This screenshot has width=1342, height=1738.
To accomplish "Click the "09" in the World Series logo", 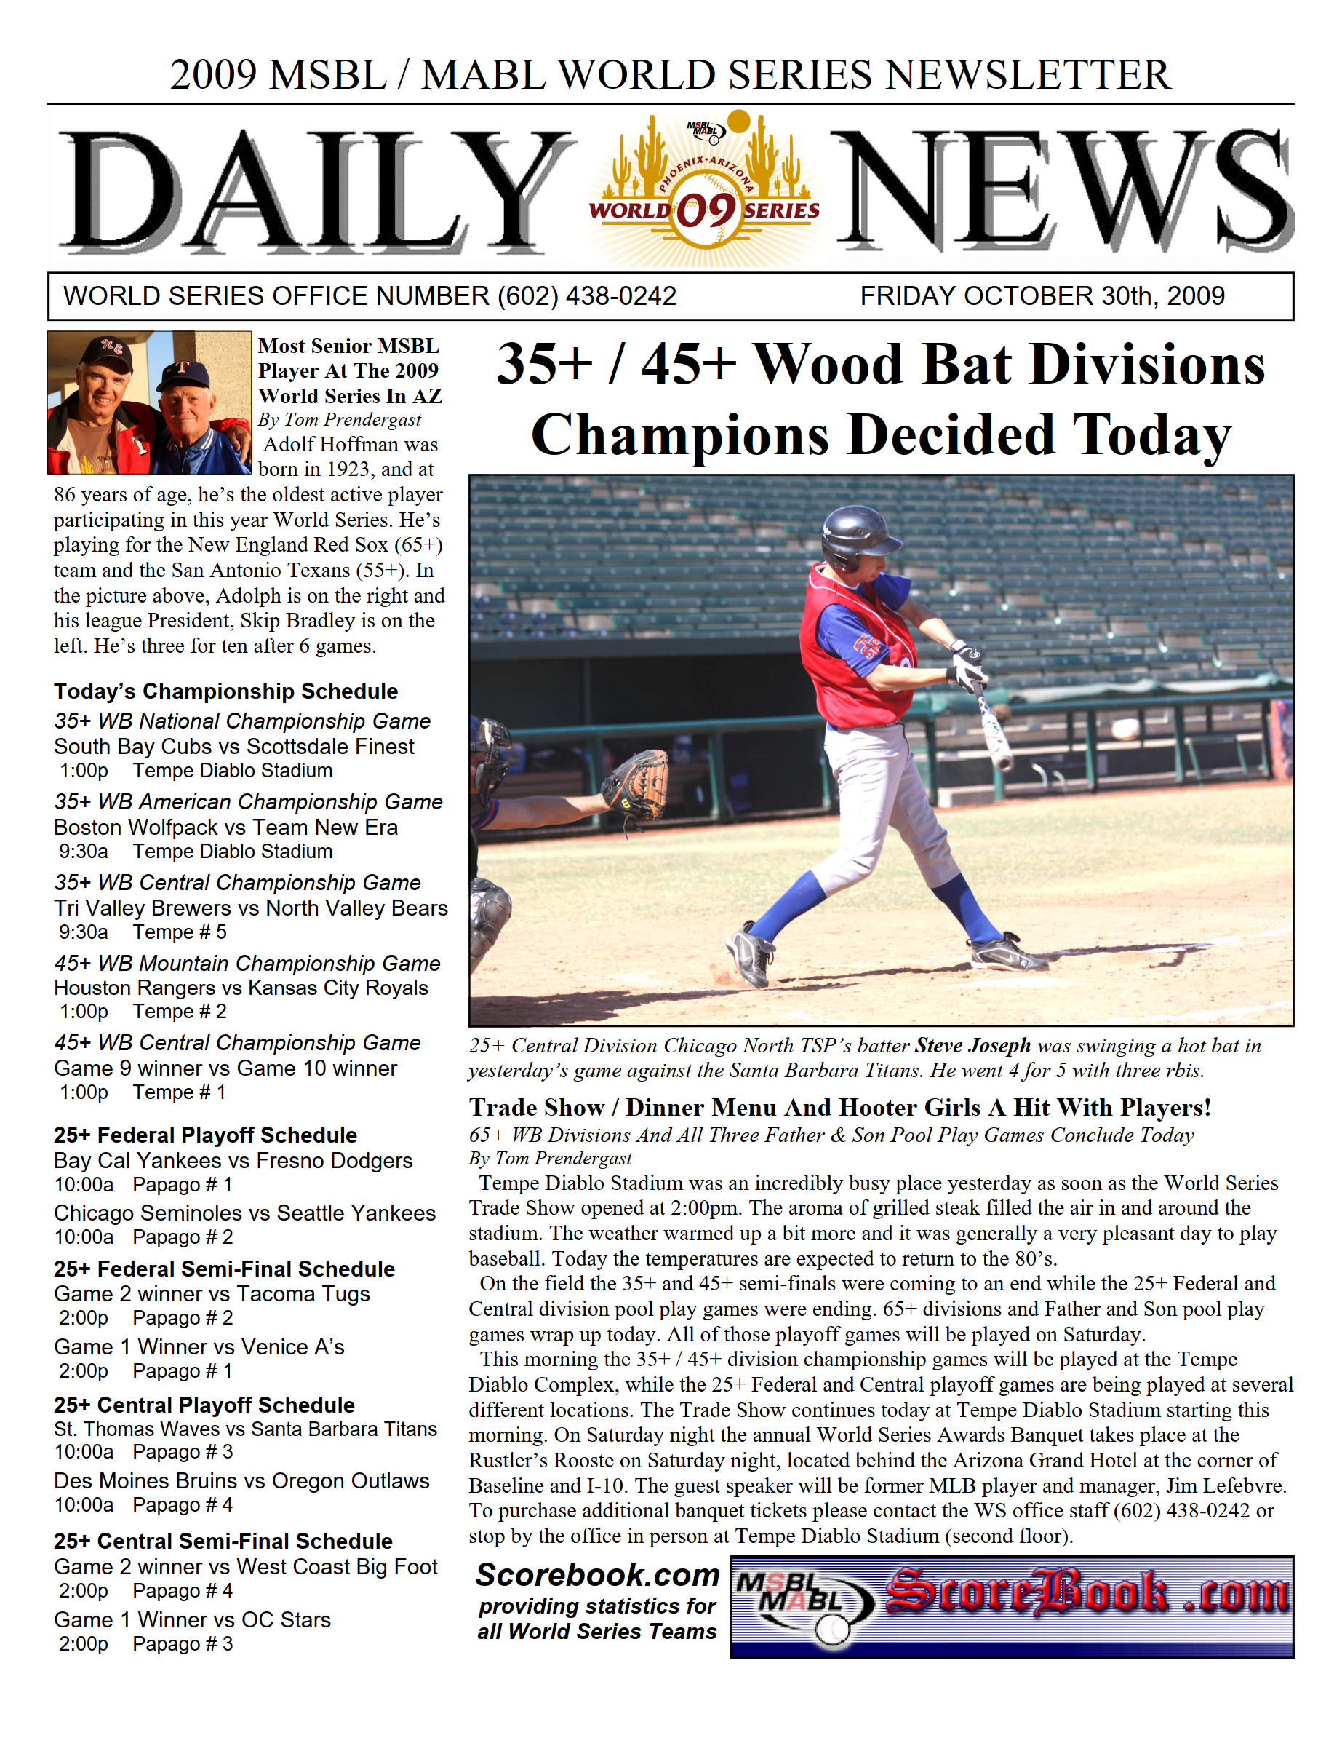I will [x=705, y=211].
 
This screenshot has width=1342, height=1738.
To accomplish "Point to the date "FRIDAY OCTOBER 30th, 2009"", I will [x=1042, y=296].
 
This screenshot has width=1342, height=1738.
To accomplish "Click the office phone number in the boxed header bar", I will [x=586, y=296].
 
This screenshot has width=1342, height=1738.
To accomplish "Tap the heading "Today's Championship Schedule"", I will [x=226, y=691].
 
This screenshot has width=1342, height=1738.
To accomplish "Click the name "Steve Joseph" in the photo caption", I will [x=972, y=1045].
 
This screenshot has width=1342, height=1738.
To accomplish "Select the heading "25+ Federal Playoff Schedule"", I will [x=205, y=1135].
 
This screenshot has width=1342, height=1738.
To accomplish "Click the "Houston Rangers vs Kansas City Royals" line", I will [x=241, y=988].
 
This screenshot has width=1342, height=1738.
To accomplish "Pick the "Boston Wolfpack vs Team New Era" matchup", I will [x=226, y=827].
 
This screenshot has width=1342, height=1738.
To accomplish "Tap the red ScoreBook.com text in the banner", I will [x=1086, y=1594].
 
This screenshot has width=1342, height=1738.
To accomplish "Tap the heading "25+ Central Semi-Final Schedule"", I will [x=223, y=1541].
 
